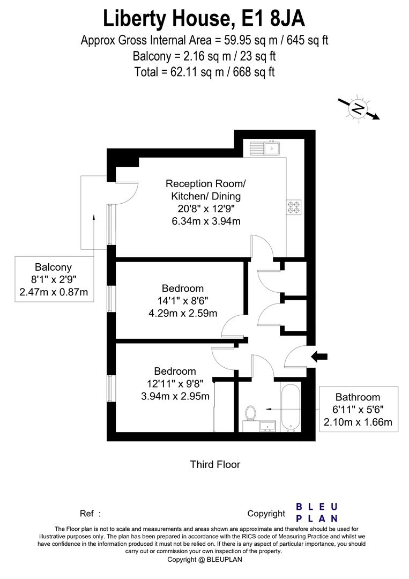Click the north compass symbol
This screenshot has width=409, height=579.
click(x=358, y=109)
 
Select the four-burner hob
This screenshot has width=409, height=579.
click(x=294, y=207)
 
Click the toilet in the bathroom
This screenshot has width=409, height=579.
click(x=250, y=413)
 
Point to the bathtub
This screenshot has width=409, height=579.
click(x=291, y=407)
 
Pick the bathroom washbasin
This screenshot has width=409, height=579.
click(x=267, y=426)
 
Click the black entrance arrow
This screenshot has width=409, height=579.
click(x=321, y=355)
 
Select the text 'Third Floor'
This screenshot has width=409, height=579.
click(x=215, y=464)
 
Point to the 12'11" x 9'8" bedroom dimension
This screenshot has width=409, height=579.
click(x=175, y=384)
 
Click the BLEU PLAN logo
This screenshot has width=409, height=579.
click(x=317, y=513)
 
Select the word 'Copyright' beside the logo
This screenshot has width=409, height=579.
click(x=266, y=514)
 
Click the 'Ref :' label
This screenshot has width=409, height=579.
click(x=90, y=514)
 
